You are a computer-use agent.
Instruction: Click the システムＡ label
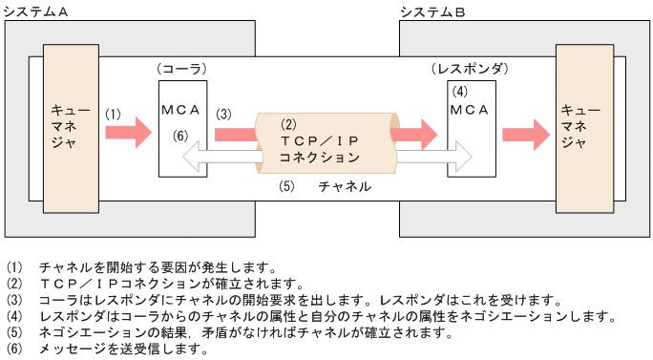tap(38, 11)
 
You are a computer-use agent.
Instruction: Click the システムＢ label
tap(432, 11)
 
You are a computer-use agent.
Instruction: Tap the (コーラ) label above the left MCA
tap(181, 71)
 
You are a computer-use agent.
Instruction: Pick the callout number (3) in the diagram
tap(223, 114)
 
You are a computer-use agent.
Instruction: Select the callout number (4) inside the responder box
tap(460, 93)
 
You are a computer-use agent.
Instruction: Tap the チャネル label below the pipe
tap(344, 187)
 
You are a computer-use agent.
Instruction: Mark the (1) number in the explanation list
tap(12, 267)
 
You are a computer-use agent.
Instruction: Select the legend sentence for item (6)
tap(123, 349)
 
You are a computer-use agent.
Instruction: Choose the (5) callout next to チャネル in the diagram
tap(287, 187)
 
